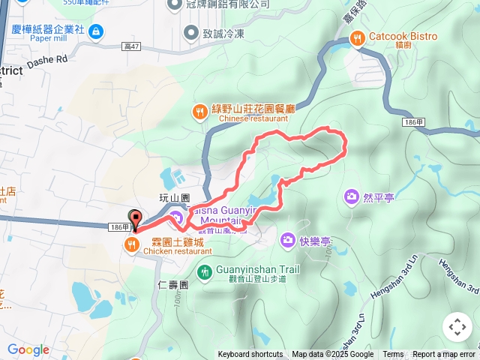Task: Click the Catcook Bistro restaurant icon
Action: click(x=358, y=37)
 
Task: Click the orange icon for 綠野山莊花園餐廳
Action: click(x=199, y=112)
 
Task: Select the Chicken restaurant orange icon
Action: click(x=132, y=244)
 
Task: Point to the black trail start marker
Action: click(x=135, y=219)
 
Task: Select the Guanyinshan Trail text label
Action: click(x=257, y=270)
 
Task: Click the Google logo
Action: click(x=28, y=349)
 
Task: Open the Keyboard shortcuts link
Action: click(x=250, y=355)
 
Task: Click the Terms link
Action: click(x=393, y=355)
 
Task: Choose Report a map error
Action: click(x=444, y=355)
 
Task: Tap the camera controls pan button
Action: click(x=457, y=327)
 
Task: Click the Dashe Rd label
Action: click(x=46, y=57)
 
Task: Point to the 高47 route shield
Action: click(x=132, y=46)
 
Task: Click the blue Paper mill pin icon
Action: click(x=96, y=31)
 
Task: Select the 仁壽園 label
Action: click(x=173, y=285)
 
